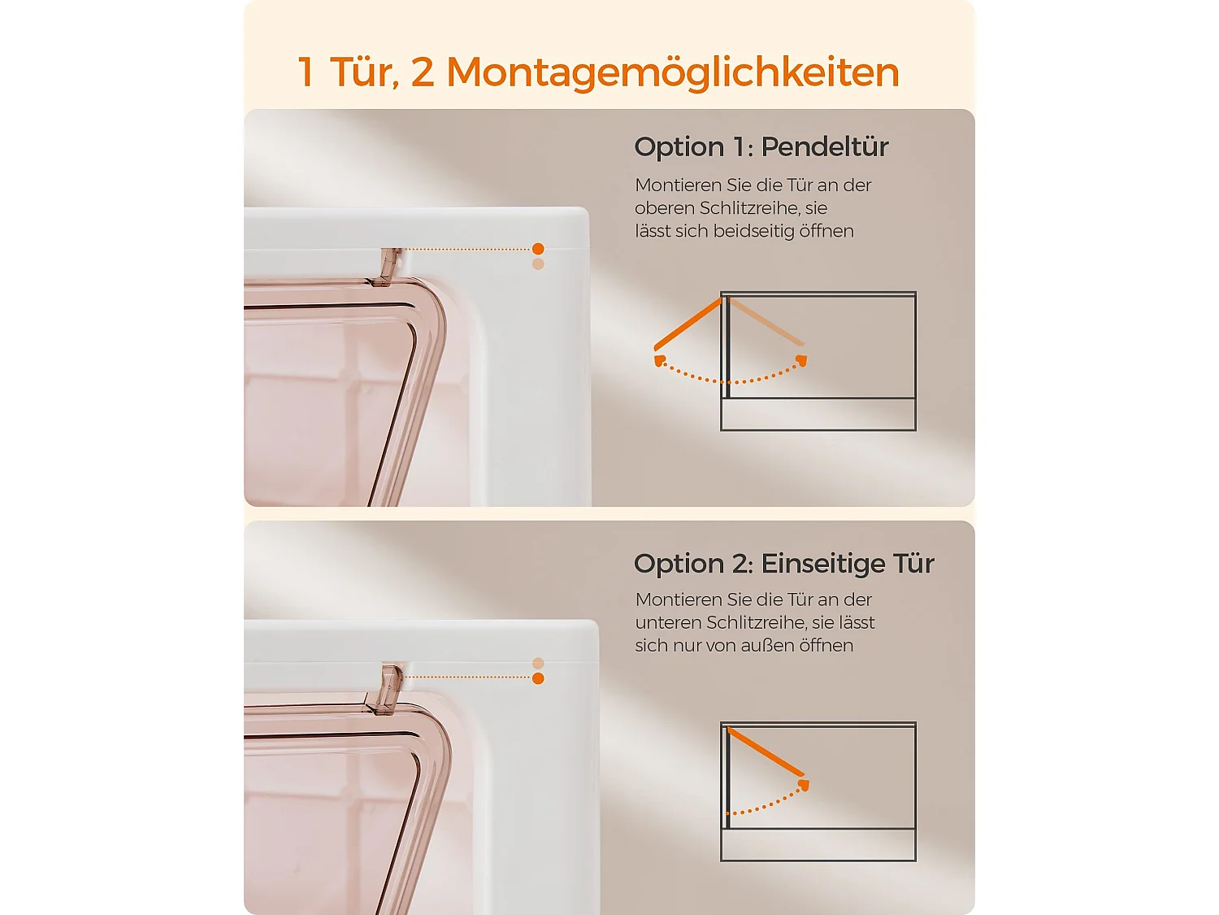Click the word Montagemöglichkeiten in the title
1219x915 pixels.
673,73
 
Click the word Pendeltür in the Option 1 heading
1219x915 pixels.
824,147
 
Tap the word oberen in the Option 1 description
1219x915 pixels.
664,208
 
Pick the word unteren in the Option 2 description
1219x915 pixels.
667,623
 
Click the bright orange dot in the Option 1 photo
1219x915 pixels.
538,248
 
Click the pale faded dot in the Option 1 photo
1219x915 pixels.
538,264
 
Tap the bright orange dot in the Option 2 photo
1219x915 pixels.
538,678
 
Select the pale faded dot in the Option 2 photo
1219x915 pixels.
538,664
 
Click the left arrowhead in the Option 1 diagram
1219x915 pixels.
660,362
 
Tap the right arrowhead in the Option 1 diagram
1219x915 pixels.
801,360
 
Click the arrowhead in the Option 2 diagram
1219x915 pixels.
803,784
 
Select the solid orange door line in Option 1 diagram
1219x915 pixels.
688,324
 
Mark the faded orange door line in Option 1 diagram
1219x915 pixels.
766,321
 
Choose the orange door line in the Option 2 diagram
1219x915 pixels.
766,752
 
